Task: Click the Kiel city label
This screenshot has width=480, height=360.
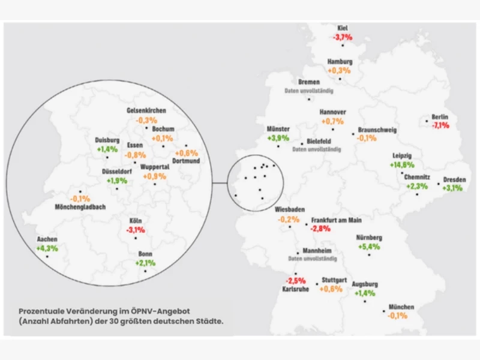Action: (x=343, y=28)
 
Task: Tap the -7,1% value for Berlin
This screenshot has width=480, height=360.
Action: (x=440, y=125)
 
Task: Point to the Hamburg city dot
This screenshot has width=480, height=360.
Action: (x=340, y=79)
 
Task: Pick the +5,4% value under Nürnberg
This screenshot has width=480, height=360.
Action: (x=369, y=247)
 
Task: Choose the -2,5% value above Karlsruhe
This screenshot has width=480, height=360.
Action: (x=295, y=280)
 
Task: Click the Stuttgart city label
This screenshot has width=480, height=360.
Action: (x=334, y=280)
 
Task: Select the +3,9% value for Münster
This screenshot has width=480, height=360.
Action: (x=278, y=137)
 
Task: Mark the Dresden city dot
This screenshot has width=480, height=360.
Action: (x=439, y=184)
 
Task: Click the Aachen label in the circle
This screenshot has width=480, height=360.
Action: (x=47, y=239)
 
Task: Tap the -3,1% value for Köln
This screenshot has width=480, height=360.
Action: (x=135, y=230)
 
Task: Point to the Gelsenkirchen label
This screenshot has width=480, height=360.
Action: (x=146, y=110)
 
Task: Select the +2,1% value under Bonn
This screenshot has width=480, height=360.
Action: (x=146, y=263)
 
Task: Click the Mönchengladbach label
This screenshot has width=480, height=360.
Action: (x=80, y=207)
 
